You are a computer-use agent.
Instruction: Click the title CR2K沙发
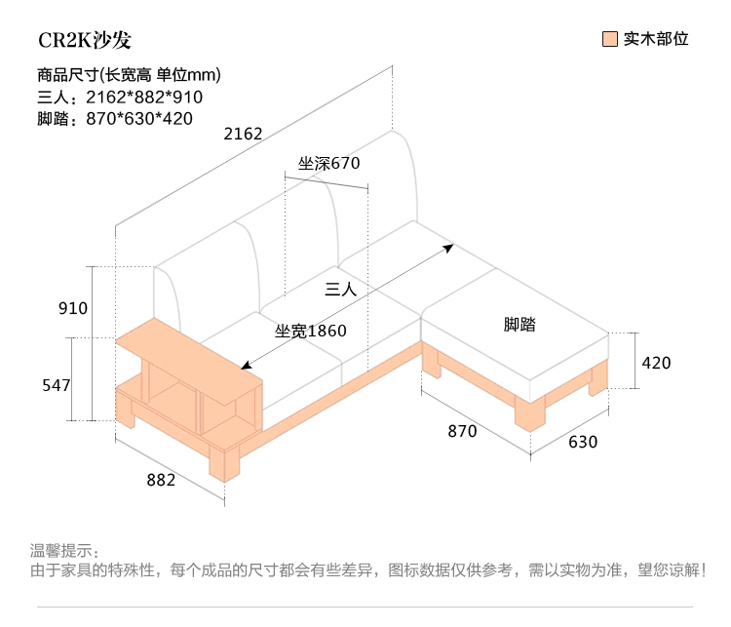85,40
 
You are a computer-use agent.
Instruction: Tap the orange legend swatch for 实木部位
611,40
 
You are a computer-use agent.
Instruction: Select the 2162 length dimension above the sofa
243,135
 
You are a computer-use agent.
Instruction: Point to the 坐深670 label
329,163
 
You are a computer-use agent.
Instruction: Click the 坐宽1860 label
311,332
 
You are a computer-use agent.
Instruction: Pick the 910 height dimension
73,309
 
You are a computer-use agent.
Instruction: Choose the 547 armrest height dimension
56,386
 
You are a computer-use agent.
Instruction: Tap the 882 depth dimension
161,480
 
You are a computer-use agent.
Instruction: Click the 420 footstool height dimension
656,363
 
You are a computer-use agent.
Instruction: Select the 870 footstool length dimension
462,431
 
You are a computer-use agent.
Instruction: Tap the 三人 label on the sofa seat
341,290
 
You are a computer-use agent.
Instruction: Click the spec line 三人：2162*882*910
119,97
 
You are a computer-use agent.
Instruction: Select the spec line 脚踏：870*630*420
115,119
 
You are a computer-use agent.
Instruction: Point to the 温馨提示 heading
65,551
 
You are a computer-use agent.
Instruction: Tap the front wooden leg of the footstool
530,413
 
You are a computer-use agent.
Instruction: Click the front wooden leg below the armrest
225,464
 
